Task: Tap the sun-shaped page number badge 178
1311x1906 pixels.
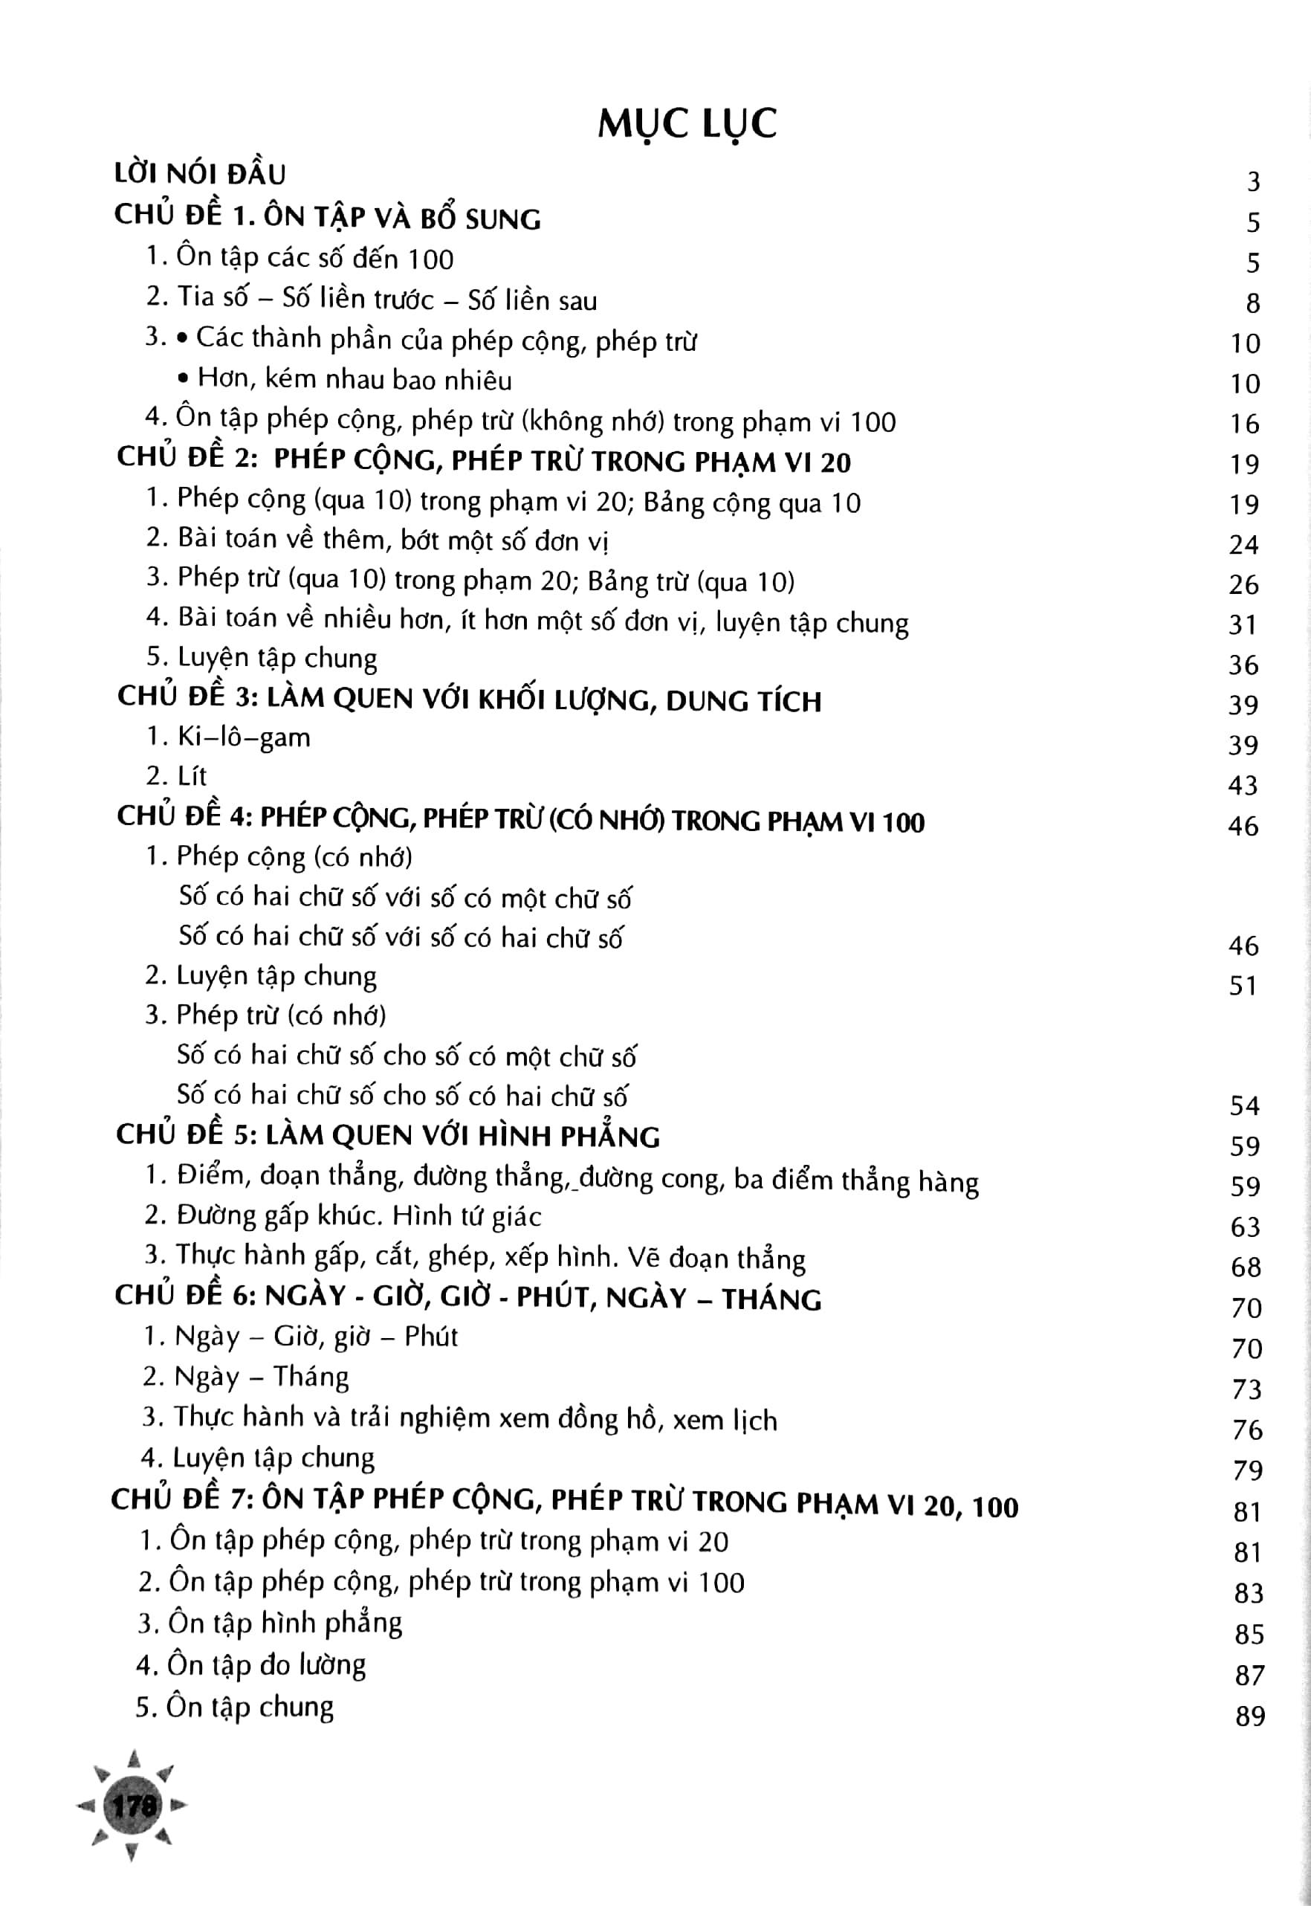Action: [x=134, y=1805]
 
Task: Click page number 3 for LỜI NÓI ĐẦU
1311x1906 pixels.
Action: [x=1253, y=181]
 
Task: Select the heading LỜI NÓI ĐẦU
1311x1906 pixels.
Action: [x=200, y=174]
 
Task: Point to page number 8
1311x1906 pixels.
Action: [x=1253, y=303]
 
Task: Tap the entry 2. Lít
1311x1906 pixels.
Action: [x=177, y=775]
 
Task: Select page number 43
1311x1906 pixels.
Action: [x=1243, y=786]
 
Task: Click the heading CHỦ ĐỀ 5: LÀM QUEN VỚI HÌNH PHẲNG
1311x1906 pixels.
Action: [x=388, y=1136]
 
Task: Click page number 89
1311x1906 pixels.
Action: [x=1249, y=1716]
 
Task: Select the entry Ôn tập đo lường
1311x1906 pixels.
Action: [x=251, y=1665]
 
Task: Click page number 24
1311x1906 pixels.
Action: [x=1243, y=545]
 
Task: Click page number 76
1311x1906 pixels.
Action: [x=1247, y=1429]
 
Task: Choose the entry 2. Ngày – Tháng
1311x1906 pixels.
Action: [x=245, y=1376]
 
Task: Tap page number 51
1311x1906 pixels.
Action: [x=1243, y=985]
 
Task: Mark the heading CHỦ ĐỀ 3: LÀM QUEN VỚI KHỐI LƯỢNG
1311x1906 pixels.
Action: [x=469, y=700]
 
